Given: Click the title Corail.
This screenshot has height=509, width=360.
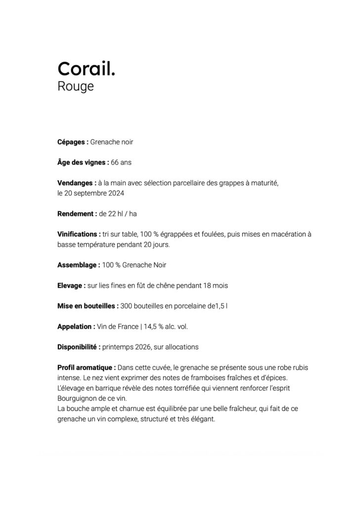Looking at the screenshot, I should (86, 69).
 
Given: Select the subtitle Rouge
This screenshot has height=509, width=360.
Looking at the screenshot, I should (76, 86).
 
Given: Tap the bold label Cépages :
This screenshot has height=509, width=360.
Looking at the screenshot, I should (73, 142).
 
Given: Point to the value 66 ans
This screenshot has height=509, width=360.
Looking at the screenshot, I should (121, 163).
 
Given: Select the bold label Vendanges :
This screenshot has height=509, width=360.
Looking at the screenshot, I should (77, 183).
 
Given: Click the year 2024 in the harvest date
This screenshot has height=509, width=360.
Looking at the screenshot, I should (116, 193).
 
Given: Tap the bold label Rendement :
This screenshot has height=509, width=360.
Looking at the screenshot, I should (77, 214).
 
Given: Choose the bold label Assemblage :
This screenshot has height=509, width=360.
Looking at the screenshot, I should (79, 265).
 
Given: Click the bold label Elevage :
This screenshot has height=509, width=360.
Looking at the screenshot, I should (72, 286).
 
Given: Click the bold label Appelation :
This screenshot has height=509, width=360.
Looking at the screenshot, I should (76, 327).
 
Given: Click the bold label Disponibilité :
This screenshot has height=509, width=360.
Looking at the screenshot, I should (79, 347).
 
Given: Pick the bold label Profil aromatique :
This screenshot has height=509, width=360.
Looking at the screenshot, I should (87, 368).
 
